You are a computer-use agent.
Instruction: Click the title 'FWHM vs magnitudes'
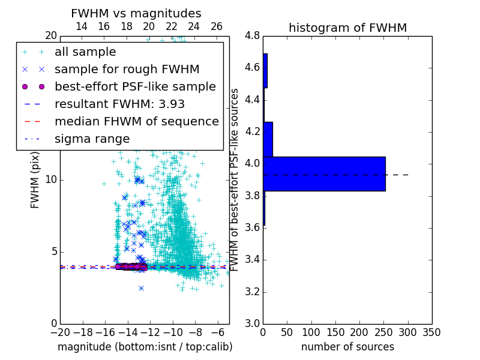click(136, 13)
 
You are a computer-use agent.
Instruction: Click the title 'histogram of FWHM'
click(347, 28)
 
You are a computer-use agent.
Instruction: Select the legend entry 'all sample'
click(85, 52)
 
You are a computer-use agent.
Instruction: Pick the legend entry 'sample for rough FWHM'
click(127, 69)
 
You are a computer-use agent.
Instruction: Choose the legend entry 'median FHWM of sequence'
click(136, 121)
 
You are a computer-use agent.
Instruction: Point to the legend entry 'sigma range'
click(92, 139)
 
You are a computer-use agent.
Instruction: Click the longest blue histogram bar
click(324, 174)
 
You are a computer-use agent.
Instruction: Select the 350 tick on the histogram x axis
click(431, 332)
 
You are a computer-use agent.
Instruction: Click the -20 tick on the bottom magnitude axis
click(60, 332)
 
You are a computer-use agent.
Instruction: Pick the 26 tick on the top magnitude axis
click(217, 26)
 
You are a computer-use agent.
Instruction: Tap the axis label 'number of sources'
click(347, 347)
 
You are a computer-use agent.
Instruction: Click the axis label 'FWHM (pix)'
click(35, 179)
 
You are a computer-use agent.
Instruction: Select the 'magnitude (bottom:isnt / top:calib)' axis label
click(145, 347)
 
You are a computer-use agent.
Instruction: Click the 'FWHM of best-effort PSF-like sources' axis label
click(235, 179)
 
